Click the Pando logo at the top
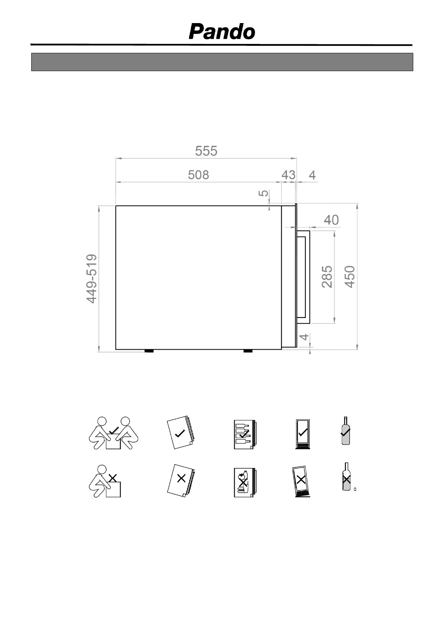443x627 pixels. (222, 32)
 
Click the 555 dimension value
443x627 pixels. (206, 151)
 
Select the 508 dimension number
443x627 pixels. (199, 175)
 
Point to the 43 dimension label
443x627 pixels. (288, 175)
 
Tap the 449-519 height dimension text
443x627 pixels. (92, 279)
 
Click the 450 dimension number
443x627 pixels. (350, 277)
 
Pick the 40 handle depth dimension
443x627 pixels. (331, 220)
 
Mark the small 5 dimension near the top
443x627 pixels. (263, 193)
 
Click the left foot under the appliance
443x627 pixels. (149, 351)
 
